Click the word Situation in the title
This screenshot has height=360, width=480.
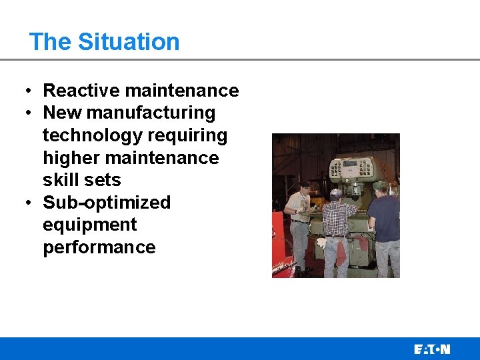click(129, 42)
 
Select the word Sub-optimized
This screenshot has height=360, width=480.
click(107, 203)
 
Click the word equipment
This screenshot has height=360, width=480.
click(89, 225)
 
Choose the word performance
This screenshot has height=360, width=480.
click(99, 247)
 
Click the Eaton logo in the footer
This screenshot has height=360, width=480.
click(432, 349)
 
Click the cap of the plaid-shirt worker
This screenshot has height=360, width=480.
click(337, 193)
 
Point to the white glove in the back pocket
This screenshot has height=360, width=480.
click(323, 243)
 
